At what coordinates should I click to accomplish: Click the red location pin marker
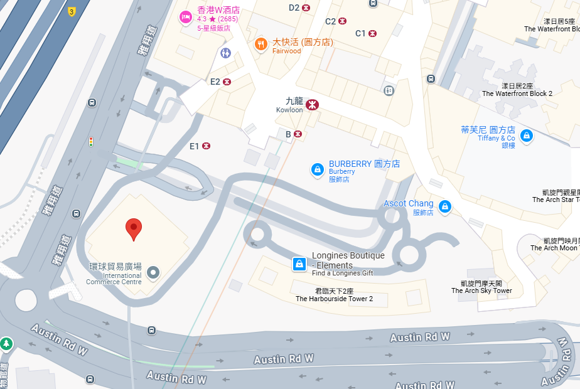[x=133, y=228]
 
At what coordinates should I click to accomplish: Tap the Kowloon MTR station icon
[x=312, y=105]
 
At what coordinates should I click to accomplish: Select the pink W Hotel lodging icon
[x=186, y=18]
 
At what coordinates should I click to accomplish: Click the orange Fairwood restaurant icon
[x=260, y=44]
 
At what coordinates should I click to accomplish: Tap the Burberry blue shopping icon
[x=318, y=169]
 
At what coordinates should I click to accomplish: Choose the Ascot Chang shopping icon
[x=444, y=206]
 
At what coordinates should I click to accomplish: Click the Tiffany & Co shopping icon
[x=527, y=134]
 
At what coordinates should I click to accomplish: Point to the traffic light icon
[x=91, y=142]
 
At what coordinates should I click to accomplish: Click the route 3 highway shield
[x=72, y=11]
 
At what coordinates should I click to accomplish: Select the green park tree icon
[x=6, y=343]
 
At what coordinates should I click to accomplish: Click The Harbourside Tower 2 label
[x=334, y=295]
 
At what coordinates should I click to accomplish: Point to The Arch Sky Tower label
[x=481, y=287]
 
